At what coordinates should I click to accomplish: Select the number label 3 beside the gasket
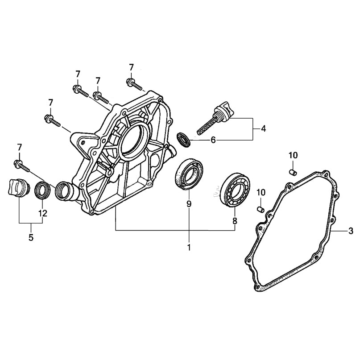pos(351,231)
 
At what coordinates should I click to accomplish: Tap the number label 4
pos(263,129)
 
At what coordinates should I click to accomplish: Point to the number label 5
pos(31,238)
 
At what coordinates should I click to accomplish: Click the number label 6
pos(213,140)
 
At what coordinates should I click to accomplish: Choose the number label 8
pos(235,220)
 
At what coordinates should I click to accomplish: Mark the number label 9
pos(189,204)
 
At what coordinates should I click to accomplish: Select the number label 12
pos(42,213)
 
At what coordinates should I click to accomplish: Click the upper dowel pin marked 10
pos(292,172)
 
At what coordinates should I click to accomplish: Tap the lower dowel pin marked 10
pos(261,208)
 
